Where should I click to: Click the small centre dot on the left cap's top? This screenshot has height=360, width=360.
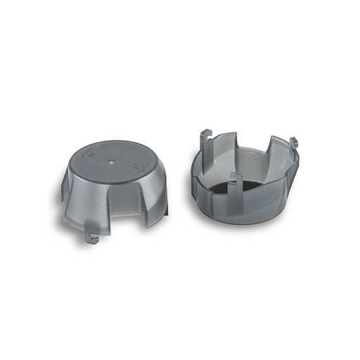(x=113, y=160)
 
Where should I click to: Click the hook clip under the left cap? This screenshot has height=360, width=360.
(x=92, y=237)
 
